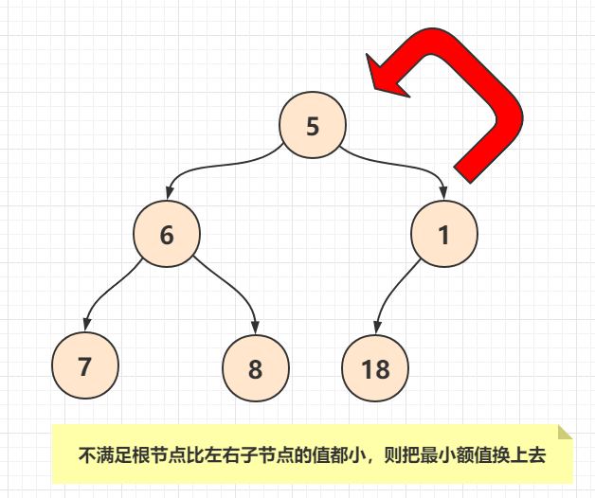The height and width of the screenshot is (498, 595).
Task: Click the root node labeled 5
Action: click(x=314, y=126)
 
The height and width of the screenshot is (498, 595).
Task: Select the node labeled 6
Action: click(x=167, y=235)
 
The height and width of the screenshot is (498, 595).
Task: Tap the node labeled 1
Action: click(x=444, y=235)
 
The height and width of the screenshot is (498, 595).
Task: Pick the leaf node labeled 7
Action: click(x=85, y=365)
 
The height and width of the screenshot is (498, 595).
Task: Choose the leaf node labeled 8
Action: click(x=255, y=368)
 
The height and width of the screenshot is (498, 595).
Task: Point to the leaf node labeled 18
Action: click(x=376, y=368)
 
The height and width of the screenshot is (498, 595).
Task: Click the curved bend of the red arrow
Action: click(x=497, y=85)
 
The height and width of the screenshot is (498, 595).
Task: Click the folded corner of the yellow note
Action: click(x=565, y=433)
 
